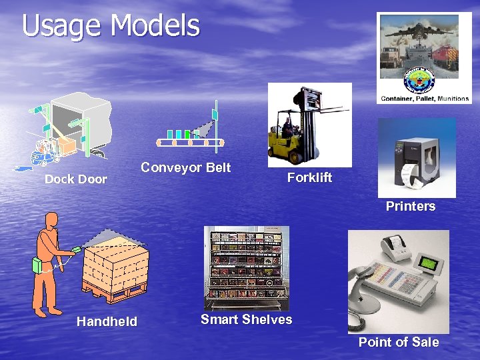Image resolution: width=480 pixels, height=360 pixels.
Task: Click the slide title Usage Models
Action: click(x=111, y=26)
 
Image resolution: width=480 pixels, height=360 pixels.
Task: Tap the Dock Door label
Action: click(x=75, y=179)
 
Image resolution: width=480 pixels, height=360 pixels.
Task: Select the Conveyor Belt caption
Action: click(x=185, y=167)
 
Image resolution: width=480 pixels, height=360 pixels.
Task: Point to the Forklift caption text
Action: click(x=309, y=177)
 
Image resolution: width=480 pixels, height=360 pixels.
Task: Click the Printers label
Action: click(x=410, y=206)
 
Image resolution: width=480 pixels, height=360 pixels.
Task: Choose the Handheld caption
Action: click(x=107, y=321)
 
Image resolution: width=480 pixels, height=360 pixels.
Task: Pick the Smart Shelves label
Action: click(x=246, y=319)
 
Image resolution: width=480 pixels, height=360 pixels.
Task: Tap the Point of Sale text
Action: click(x=398, y=342)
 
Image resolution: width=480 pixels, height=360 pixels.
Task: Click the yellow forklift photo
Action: click(x=309, y=125)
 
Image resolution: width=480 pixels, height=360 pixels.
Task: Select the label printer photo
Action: click(x=417, y=157)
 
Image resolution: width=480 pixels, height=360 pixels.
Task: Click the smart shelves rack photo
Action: click(x=247, y=267)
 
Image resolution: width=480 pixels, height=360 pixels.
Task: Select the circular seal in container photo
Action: click(x=419, y=82)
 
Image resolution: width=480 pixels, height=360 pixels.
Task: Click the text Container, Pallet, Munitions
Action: click(x=424, y=99)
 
